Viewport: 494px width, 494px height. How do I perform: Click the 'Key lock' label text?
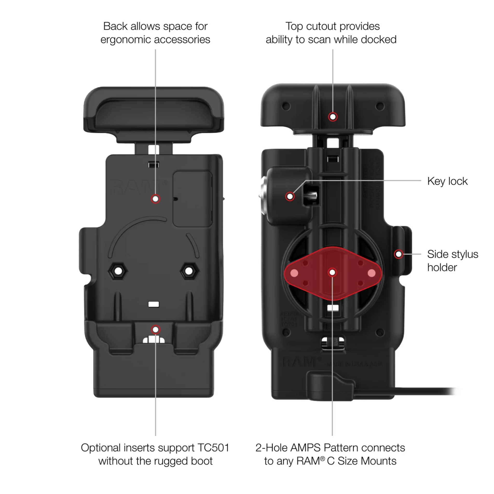pyautogui.click(x=447, y=181)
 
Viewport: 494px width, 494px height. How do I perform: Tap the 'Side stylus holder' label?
pyautogui.click(x=452, y=261)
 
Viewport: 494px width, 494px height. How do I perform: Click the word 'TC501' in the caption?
pyautogui.click(x=213, y=448)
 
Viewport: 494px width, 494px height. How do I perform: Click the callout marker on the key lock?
pyautogui.click(x=290, y=196)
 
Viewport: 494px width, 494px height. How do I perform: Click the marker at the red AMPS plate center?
pyautogui.click(x=332, y=273)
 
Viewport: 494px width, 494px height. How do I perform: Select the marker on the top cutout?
pyautogui.click(x=333, y=117)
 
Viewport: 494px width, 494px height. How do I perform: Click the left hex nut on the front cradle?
pyautogui.click(x=118, y=271)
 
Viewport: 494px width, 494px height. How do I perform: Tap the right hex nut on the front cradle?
pyautogui.click(x=189, y=271)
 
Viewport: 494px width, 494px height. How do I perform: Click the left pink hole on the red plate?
pyautogui.click(x=294, y=273)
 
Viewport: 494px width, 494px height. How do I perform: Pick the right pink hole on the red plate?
pyautogui.click(x=371, y=273)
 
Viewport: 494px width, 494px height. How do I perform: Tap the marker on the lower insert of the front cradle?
pyautogui.click(x=155, y=329)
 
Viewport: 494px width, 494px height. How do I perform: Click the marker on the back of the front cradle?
pyautogui.click(x=155, y=199)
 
